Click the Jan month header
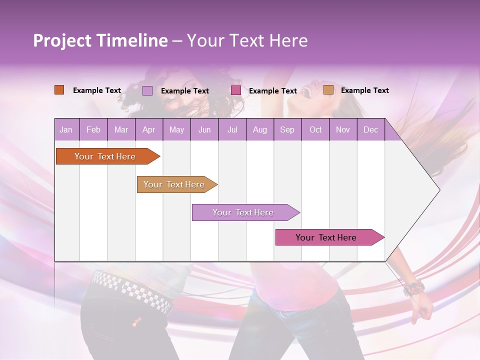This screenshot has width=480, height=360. click(66, 130)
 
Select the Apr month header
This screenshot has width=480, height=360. click(148, 130)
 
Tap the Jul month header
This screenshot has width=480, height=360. click(232, 130)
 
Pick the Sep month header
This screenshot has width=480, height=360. click(287, 130)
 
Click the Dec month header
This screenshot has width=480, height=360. click(370, 130)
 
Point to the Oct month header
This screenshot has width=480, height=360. click(315, 130)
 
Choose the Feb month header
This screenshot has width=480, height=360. click(93, 130)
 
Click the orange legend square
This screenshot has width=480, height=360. click(59, 90)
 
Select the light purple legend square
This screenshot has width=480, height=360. click(147, 90)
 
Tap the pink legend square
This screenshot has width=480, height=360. click(236, 90)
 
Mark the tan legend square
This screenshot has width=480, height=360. click(328, 90)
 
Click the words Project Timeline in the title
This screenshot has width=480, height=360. click(100, 40)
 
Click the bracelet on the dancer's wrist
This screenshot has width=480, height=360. click(414, 288)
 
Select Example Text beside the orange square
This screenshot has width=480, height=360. click(97, 90)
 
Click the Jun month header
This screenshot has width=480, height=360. click(204, 130)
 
